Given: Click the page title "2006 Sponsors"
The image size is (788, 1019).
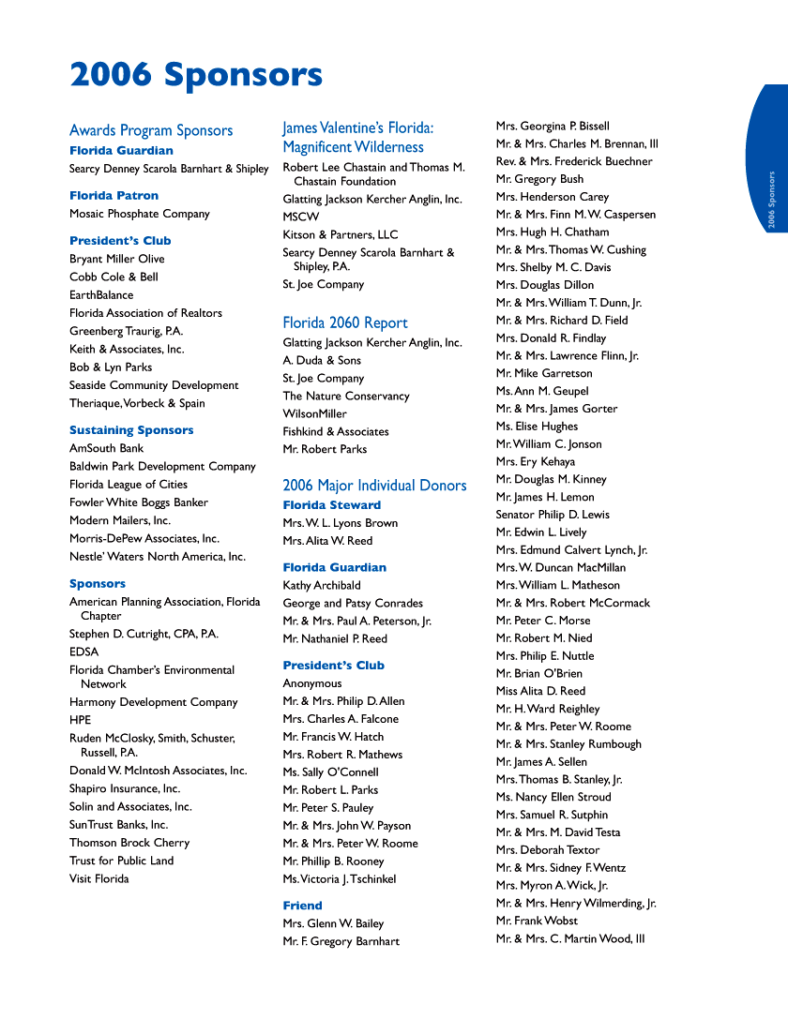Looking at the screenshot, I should tap(196, 75).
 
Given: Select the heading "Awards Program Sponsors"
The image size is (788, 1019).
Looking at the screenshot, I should tap(151, 130).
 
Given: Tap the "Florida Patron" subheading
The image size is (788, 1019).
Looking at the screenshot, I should tap(114, 196).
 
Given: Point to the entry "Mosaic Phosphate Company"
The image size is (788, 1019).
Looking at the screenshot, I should tap(140, 214).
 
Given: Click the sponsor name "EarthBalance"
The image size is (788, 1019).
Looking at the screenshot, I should tap(101, 295).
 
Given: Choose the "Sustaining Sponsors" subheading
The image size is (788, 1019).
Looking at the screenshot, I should tap(131, 430).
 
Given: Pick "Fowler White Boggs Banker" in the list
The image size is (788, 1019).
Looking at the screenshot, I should tap(139, 502).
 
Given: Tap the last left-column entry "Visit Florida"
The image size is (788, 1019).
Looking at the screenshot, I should tap(99, 878).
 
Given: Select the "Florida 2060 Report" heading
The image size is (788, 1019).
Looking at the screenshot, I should tap(345, 322).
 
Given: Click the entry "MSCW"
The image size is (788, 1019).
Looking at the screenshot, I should tap(301, 217).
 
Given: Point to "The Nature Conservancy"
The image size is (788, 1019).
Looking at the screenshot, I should tap(346, 396).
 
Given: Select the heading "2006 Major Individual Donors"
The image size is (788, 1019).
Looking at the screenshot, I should tap(374, 485).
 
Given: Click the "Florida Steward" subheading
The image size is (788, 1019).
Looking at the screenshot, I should tap(332, 505).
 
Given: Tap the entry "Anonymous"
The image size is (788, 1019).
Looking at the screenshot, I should tap(312, 683).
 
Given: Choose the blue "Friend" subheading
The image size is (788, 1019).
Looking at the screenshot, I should tap(302, 906).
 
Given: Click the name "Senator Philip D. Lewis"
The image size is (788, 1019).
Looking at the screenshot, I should tap(553, 515).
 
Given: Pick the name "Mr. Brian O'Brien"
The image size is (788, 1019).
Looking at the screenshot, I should tap(539, 673).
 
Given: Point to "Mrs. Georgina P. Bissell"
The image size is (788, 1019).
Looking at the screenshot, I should tap(553, 126).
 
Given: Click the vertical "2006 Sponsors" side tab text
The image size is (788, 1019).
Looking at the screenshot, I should tap(771, 200).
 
